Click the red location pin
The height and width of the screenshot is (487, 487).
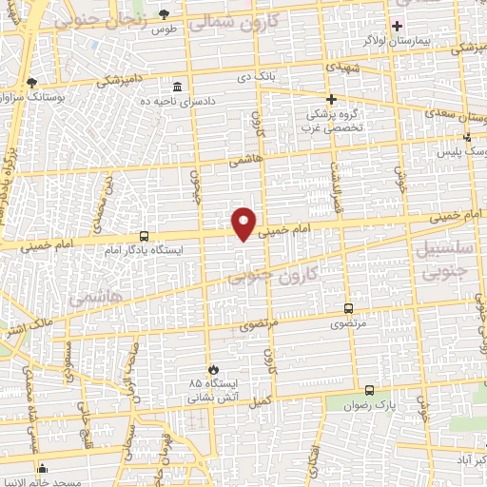click(245, 223)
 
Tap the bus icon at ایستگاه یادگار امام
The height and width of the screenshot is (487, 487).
click(144, 236)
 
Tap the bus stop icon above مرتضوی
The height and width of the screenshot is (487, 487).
click(347, 308)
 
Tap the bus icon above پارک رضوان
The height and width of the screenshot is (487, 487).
click(370, 390)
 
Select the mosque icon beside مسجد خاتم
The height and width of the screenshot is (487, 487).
click(42, 468)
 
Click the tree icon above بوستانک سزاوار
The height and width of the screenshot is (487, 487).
click(32, 84)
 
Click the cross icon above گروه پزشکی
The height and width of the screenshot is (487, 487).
click(331, 99)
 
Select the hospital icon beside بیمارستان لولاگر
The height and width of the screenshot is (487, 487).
click(397, 25)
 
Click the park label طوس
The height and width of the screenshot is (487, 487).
click(166, 29)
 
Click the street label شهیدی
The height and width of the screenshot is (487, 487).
click(342, 68)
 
